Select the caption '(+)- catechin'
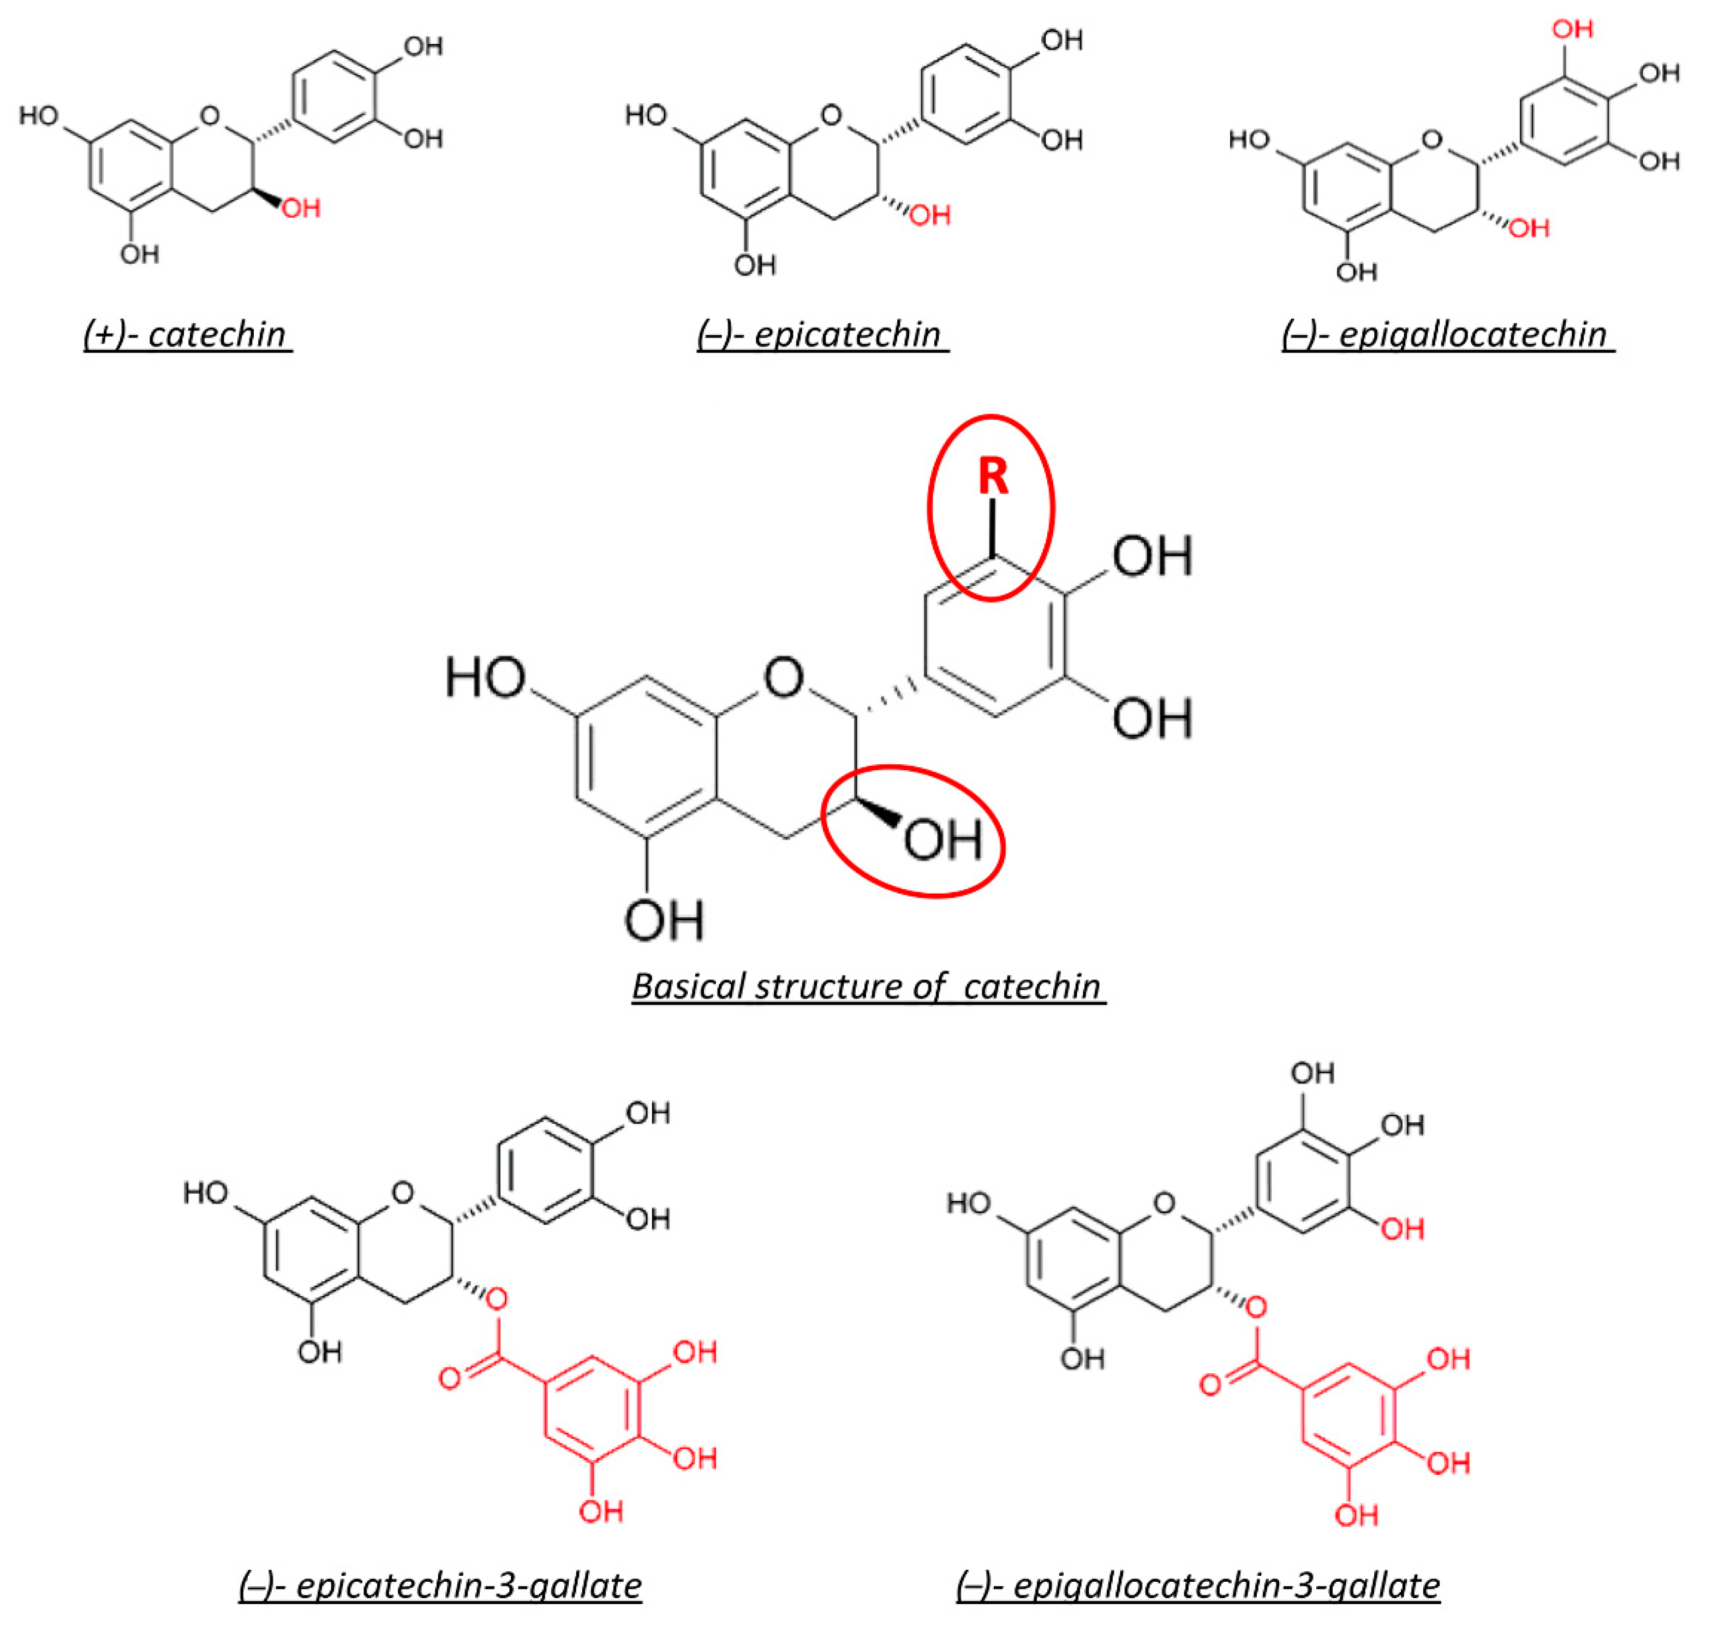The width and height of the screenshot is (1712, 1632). click(x=187, y=334)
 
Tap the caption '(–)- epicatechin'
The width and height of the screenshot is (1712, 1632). click(x=821, y=334)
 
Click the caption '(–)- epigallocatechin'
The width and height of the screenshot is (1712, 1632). click(x=1447, y=334)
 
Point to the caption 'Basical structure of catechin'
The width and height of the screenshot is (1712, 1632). click(x=867, y=986)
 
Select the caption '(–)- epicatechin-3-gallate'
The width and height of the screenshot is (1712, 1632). click(x=440, y=1585)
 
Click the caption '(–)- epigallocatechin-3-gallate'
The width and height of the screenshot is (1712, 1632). click(x=1198, y=1585)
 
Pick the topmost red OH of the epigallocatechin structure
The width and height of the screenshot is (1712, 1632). click(x=1573, y=29)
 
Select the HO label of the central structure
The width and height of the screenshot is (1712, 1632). click(x=485, y=678)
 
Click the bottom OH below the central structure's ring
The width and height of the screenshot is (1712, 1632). click(x=664, y=920)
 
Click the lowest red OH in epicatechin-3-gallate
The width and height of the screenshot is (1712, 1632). click(x=601, y=1511)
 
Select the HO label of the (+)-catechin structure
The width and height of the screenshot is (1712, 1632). click(x=39, y=116)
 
